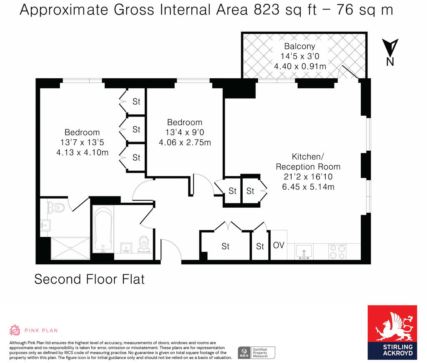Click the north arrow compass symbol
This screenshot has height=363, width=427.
390,52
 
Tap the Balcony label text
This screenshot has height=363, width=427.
299,46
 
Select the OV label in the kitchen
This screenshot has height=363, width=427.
279,245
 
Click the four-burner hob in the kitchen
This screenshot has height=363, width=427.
337,251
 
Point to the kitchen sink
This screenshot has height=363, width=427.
304,251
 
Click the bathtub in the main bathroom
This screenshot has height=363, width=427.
103,229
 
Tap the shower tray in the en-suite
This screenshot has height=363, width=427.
70,248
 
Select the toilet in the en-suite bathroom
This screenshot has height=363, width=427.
56,207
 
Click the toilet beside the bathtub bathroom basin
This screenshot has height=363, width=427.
143,244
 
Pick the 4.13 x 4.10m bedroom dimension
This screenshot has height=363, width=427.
82,152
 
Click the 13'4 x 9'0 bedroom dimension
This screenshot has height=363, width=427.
185,132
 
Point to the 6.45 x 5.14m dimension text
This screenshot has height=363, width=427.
308,187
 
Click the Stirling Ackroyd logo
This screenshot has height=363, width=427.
392,332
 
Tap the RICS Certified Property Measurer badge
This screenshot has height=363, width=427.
256,353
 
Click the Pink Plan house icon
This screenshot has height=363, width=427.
15,330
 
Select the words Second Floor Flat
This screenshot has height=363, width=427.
89,279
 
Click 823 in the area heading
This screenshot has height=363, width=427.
266,10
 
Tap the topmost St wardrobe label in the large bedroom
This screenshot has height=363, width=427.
136,102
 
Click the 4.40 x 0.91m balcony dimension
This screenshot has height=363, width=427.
300,66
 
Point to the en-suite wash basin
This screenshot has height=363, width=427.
45,225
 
